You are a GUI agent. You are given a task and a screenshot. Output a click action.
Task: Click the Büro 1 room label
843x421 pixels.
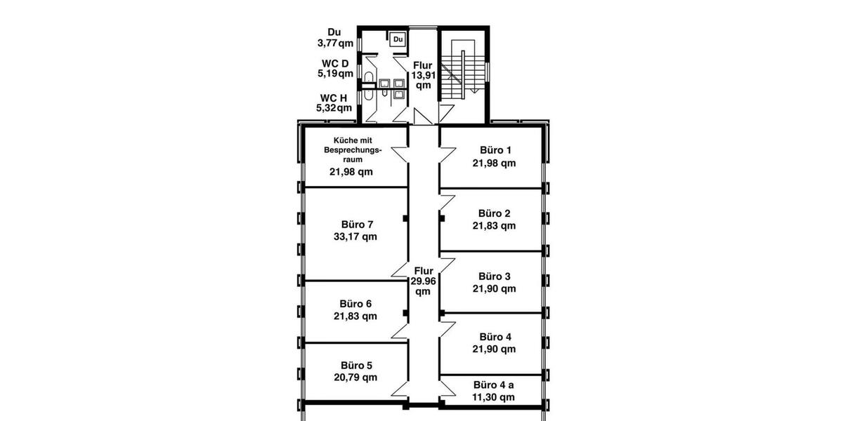coord(495,150)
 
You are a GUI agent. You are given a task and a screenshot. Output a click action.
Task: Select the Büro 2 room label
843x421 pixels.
coord(494,213)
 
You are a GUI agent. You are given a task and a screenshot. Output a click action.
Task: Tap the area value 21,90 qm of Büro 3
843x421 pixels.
coord(494,288)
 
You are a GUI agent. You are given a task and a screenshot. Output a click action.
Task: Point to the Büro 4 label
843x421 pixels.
coord(494,336)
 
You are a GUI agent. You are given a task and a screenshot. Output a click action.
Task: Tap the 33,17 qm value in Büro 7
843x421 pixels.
coord(355,236)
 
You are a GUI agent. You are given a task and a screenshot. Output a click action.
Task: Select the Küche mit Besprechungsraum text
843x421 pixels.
coord(352,150)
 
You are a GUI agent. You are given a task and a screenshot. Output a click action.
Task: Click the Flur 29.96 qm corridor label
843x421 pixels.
coord(423,281)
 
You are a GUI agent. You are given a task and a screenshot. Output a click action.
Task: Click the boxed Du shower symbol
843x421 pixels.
coord(398,40)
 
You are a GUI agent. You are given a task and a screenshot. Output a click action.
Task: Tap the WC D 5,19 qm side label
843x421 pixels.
coord(335,68)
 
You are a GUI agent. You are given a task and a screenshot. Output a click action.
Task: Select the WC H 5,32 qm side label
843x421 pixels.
coord(334,102)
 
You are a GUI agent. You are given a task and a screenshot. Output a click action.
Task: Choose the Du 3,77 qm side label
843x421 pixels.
coord(335,37)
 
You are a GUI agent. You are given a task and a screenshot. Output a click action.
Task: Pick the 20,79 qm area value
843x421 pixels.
coord(355,377)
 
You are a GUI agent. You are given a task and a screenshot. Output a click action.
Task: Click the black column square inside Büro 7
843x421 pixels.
coord(405,218)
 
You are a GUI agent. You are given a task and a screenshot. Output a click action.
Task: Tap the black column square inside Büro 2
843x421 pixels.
coord(442,218)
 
